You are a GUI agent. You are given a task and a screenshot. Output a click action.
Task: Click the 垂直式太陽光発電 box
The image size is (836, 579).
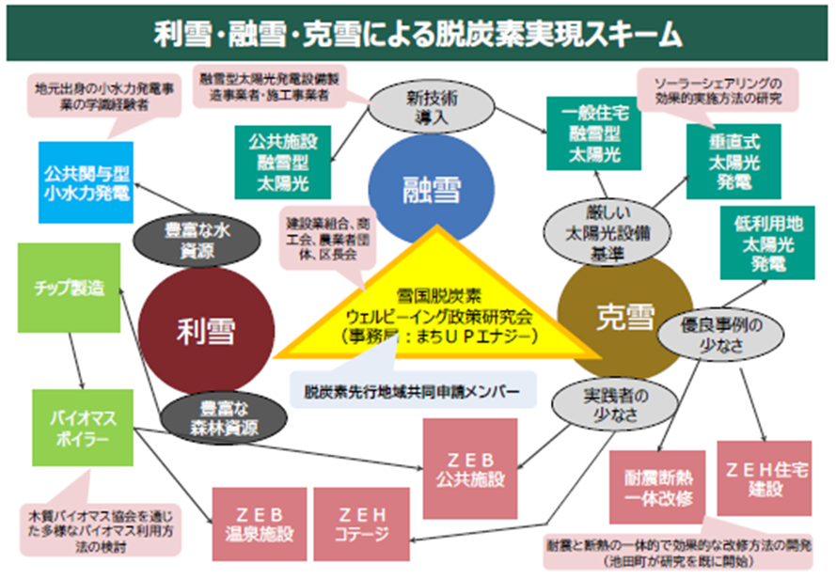(733, 160)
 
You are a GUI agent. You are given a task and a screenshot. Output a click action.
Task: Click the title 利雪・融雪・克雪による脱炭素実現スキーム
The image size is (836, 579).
(418, 35)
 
